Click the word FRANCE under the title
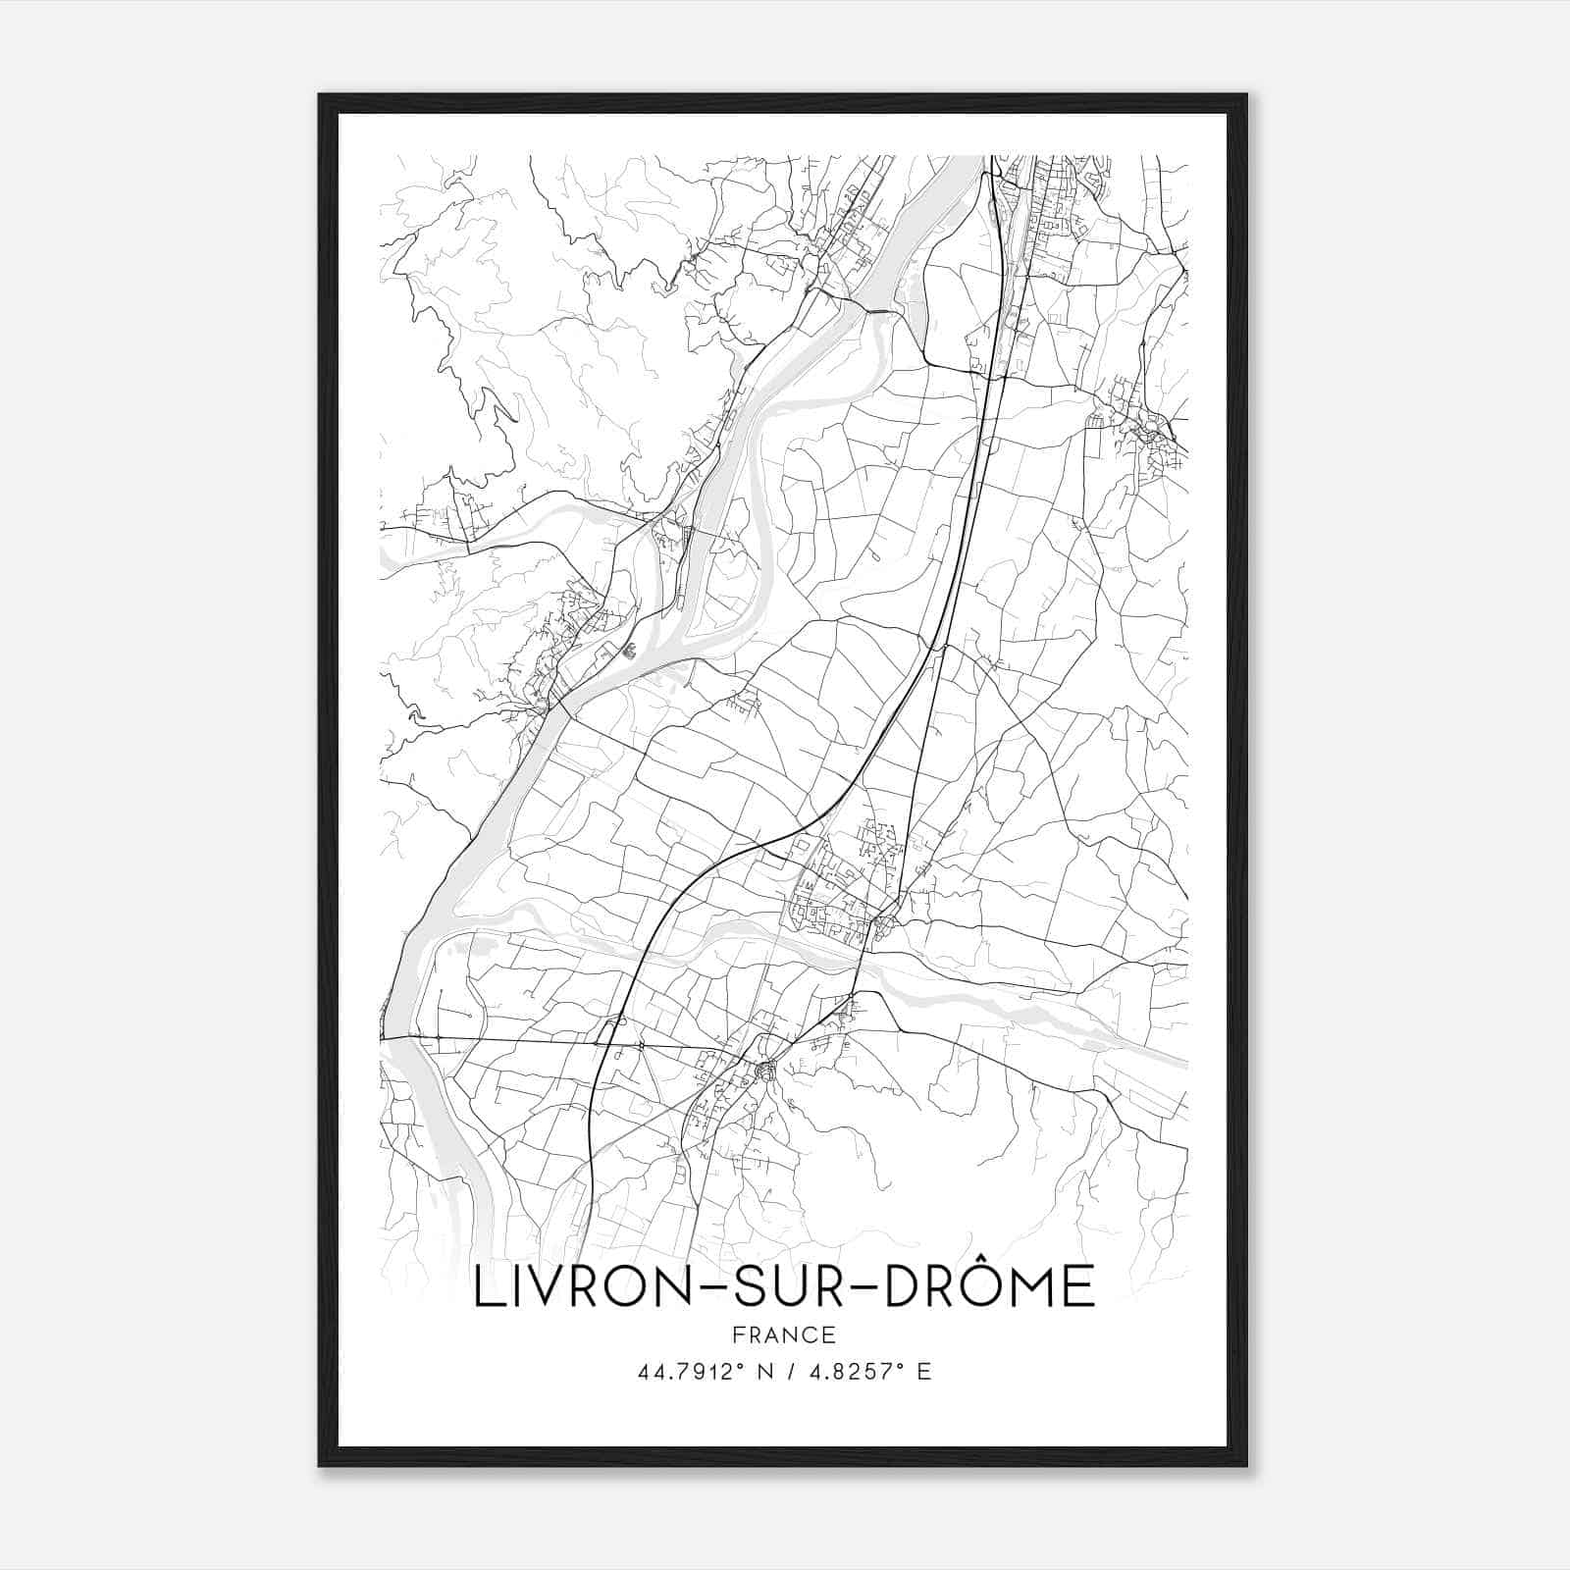coord(784,1334)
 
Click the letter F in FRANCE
coord(738,1334)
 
